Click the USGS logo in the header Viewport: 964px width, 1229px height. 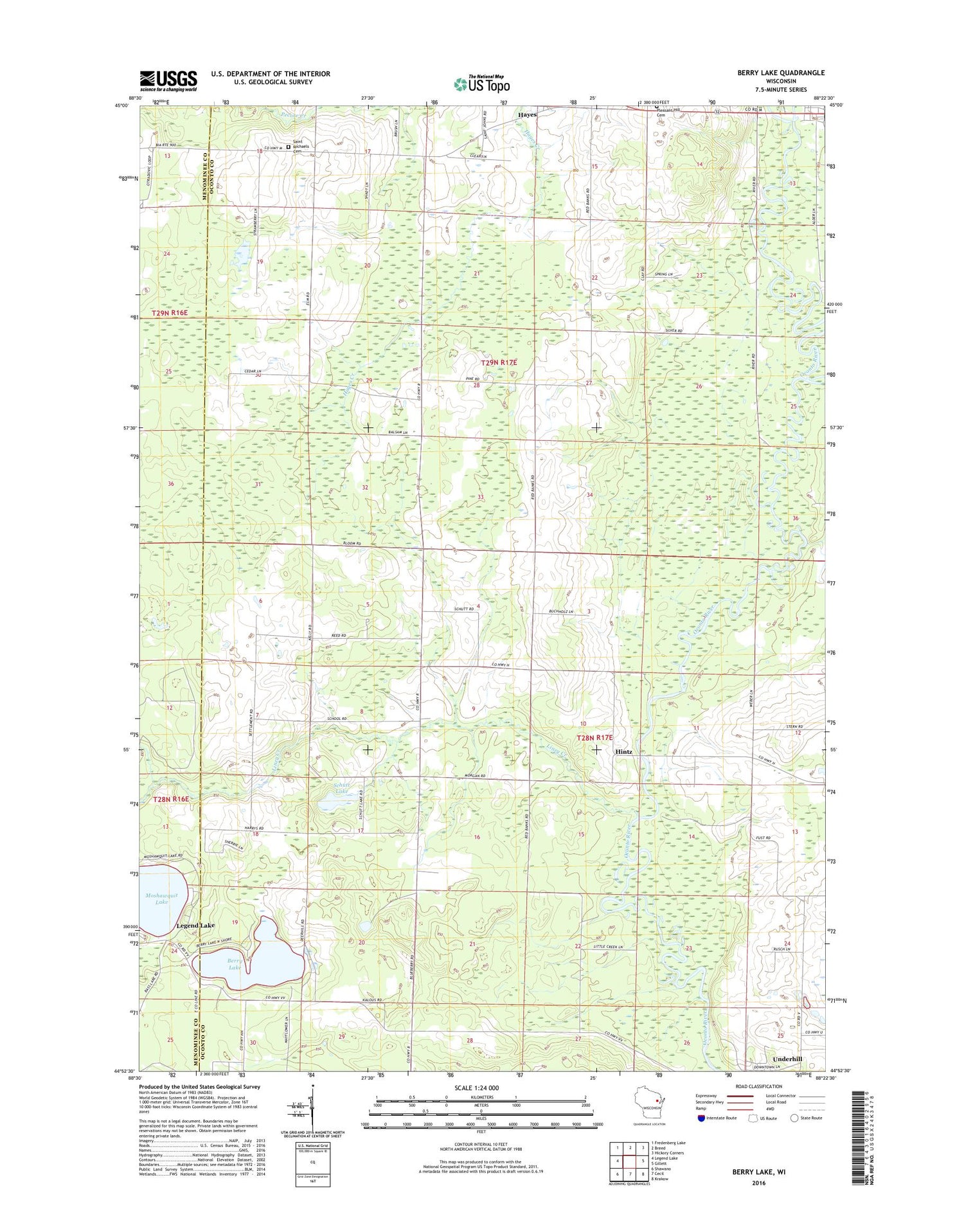coord(168,81)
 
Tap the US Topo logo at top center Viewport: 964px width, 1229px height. coord(482,84)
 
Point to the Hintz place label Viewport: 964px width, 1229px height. coord(623,751)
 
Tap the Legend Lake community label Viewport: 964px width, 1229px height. coord(195,925)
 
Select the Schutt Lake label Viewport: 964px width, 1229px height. coord(341,788)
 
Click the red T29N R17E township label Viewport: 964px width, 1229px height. coord(494,363)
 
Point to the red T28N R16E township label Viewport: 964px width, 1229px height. coord(172,799)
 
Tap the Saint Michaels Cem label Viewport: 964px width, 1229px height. coord(301,146)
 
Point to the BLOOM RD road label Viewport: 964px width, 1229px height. coord(352,544)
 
